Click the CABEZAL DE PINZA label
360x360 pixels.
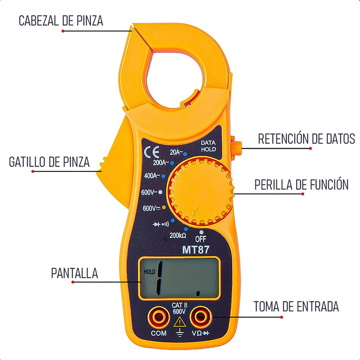61,21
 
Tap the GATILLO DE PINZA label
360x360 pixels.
49,162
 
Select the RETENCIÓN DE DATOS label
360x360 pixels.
306,139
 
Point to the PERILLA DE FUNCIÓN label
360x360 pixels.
301,184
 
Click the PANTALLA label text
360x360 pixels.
74,273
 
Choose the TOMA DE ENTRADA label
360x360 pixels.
296,306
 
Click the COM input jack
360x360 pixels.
159,318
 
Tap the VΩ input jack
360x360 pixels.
200,317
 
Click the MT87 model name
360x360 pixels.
196,250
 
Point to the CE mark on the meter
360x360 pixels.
152,152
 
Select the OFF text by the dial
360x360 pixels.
201,239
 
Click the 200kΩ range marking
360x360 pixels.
178,235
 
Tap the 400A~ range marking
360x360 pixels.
152,176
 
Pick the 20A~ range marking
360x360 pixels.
176,152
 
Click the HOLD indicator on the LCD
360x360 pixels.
149,272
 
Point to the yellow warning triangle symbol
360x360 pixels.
180,322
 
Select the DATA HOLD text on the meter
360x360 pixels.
208,146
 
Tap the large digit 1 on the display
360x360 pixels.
159,279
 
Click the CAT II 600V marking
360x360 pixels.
179,308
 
